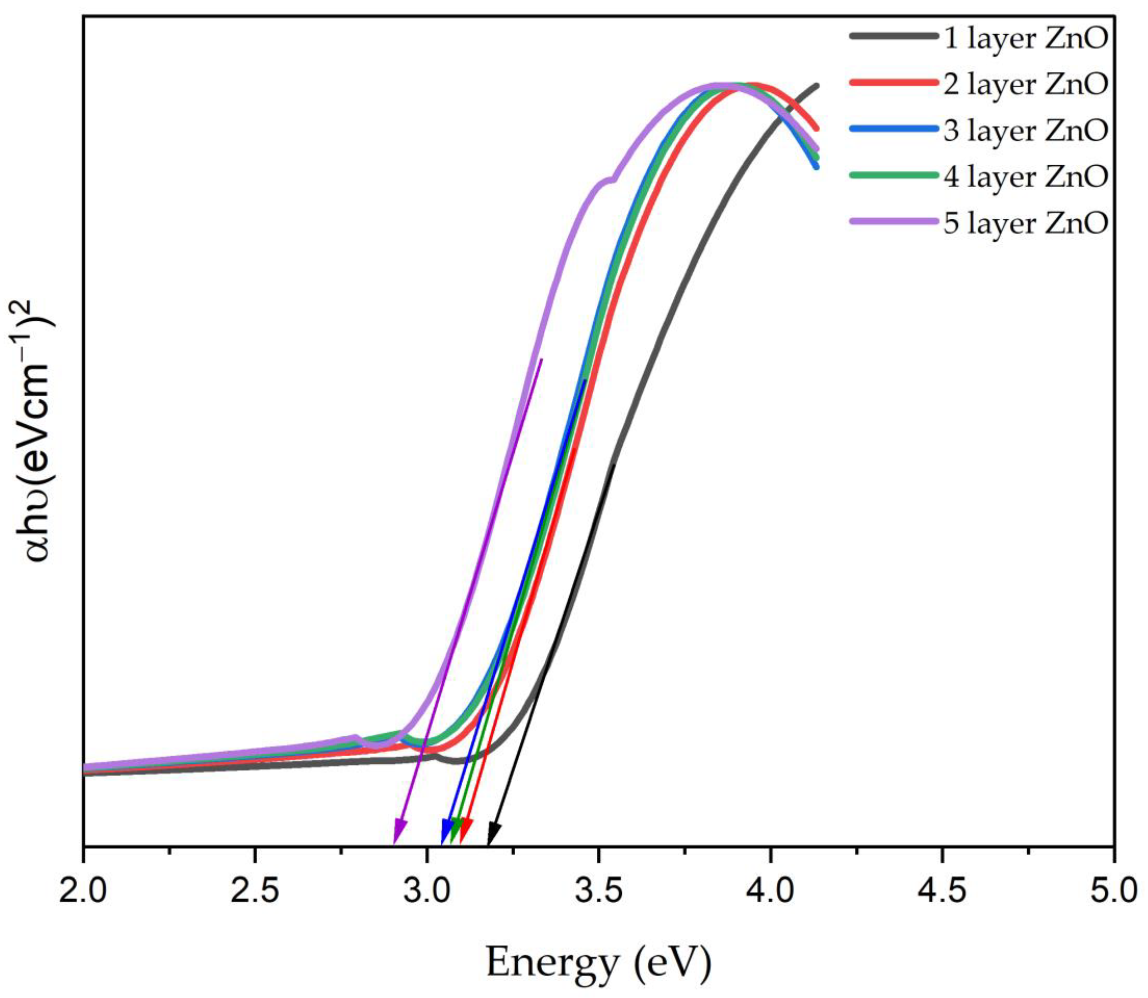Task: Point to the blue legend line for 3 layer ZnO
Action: pos(894,129)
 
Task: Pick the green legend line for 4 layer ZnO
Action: pos(894,175)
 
